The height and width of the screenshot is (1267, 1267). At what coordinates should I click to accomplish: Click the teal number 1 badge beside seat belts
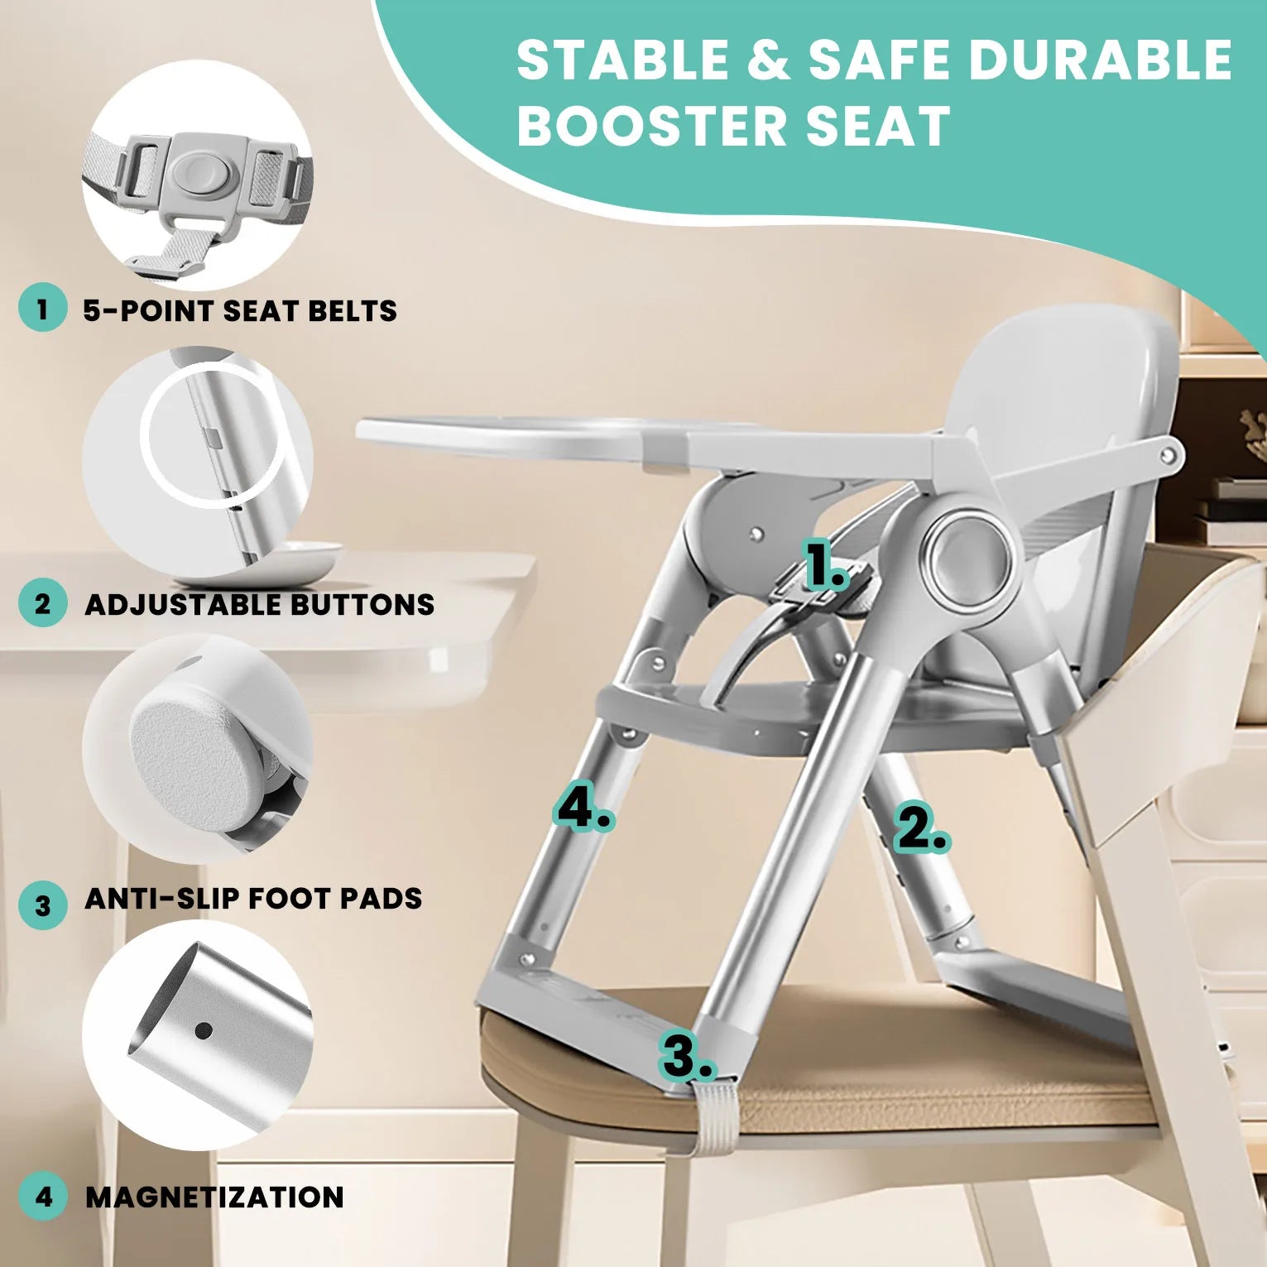point(42,310)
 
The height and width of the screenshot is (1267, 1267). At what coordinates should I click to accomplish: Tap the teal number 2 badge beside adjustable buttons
point(42,603)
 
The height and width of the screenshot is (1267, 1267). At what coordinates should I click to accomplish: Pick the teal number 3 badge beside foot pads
point(42,905)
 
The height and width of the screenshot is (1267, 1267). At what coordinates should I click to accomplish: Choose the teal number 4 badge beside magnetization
point(42,1196)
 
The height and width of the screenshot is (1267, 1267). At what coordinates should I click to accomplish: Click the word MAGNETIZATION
point(214,1197)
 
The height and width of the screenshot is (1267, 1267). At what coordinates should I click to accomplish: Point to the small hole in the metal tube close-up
point(204,1030)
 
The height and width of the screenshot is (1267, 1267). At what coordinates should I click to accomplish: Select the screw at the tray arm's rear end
point(1169,454)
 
